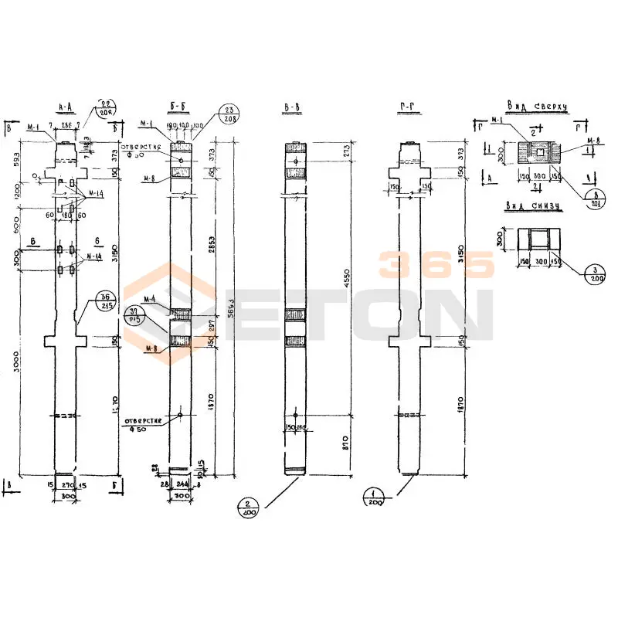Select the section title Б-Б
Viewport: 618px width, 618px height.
coord(179,107)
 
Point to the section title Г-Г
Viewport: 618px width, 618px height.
coord(410,107)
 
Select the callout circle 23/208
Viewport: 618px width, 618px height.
coord(227,114)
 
